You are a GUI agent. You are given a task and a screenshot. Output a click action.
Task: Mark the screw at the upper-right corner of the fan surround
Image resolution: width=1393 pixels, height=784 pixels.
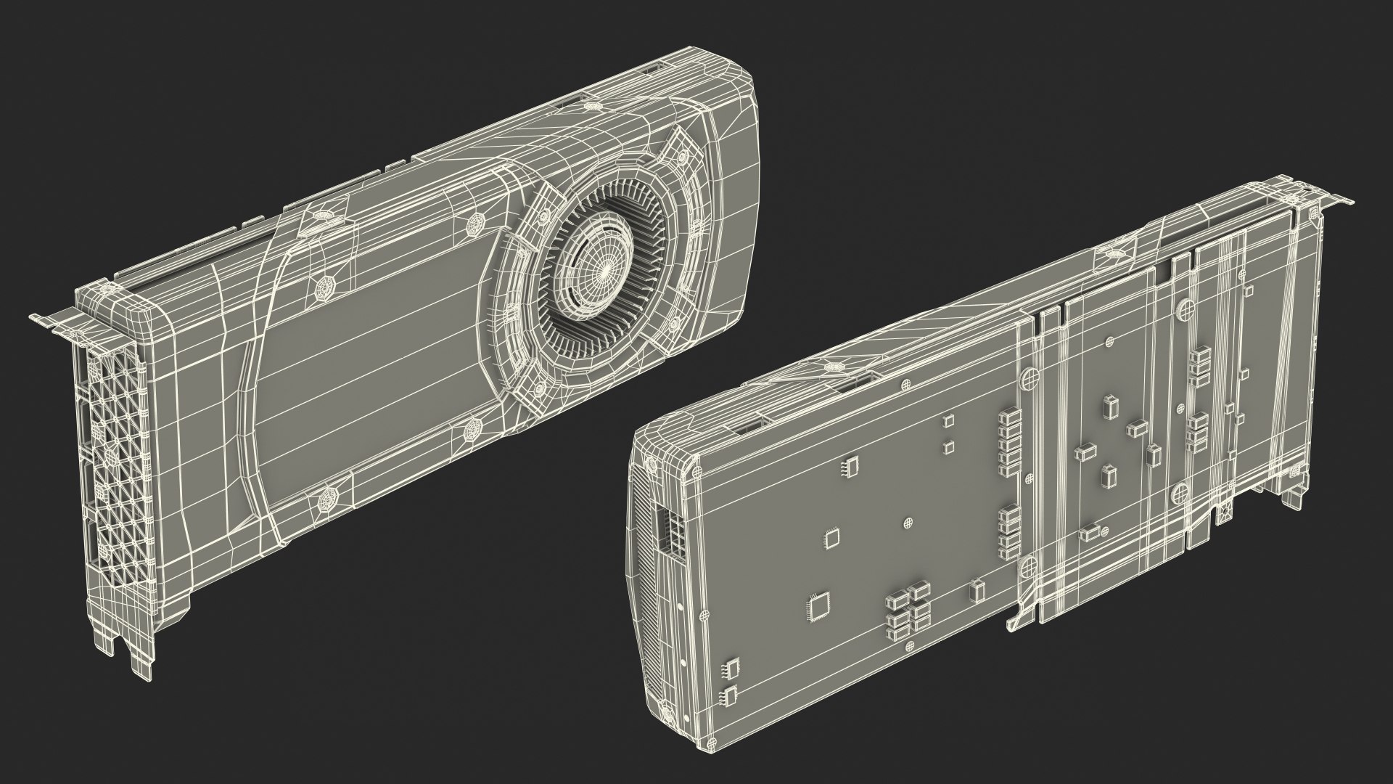(682, 158)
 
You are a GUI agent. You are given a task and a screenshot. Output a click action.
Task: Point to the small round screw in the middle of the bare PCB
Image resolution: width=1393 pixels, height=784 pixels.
(908, 522)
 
